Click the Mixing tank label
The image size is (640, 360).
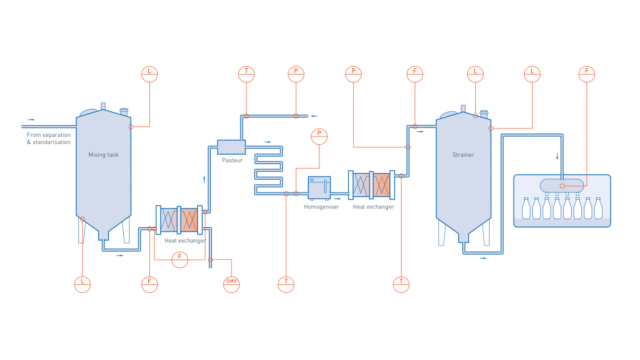(103, 155)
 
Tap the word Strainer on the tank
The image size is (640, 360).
(463, 155)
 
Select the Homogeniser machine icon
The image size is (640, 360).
(319, 188)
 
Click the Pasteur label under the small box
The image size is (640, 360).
(232, 161)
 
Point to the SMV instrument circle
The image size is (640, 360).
(231, 284)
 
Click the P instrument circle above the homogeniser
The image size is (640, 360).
(319, 136)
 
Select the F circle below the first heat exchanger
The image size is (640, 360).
(180, 260)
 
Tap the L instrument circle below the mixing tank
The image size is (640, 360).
(83, 284)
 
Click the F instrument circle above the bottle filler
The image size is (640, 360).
(587, 74)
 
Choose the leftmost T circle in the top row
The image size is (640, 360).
(246, 74)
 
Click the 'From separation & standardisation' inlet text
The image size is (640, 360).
(49, 139)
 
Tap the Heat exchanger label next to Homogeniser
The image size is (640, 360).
(373, 207)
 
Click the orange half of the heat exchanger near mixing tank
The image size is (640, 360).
(189, 220)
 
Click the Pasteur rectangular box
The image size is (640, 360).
(231, 147)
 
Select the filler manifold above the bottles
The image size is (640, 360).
(562, 186)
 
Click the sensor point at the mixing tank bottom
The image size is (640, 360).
(82, 219)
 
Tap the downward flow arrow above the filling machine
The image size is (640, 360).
(557, 157)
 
